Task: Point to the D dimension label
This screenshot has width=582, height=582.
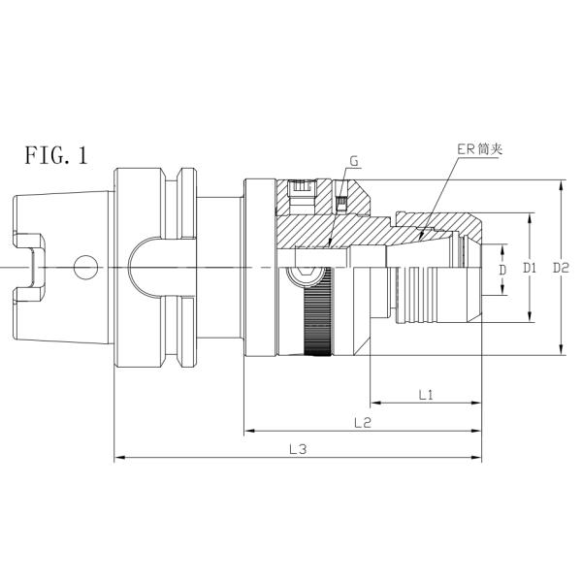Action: (x=501, y=269)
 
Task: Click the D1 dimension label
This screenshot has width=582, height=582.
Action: (x=530, y=268)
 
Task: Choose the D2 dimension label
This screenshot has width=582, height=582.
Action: (x=560, y=268)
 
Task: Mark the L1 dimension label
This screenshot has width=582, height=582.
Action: (x=425, y=394)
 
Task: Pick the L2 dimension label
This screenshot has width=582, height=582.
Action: (x=363, y=422)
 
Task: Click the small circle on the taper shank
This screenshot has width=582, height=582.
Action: (x=87, y=264)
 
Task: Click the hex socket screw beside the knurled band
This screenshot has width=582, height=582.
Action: (x=308, y=273)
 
